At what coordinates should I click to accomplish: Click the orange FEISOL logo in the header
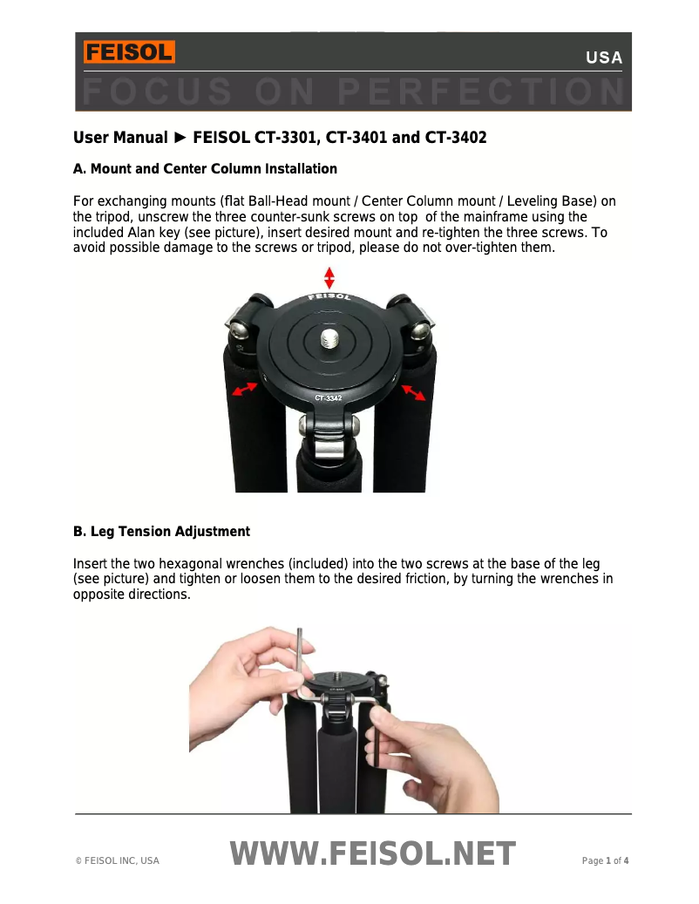pos(129,52)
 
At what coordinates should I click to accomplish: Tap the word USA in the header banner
pos(604,58)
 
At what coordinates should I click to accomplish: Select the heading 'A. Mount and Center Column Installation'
pos(205,168)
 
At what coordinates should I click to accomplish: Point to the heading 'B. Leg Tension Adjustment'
pos(161,532)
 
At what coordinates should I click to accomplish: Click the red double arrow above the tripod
pos(329,278)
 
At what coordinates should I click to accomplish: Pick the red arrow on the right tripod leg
pos(413,392)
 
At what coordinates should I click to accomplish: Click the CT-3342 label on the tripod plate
pos(329,398)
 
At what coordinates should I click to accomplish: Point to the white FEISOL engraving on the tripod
pos(329,297)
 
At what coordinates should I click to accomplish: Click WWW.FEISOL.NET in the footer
pos(373,855)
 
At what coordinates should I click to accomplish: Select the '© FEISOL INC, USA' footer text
pos(118,861)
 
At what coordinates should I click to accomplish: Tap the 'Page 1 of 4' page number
pos(605,861)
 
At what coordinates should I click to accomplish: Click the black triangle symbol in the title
pos(180,138)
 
